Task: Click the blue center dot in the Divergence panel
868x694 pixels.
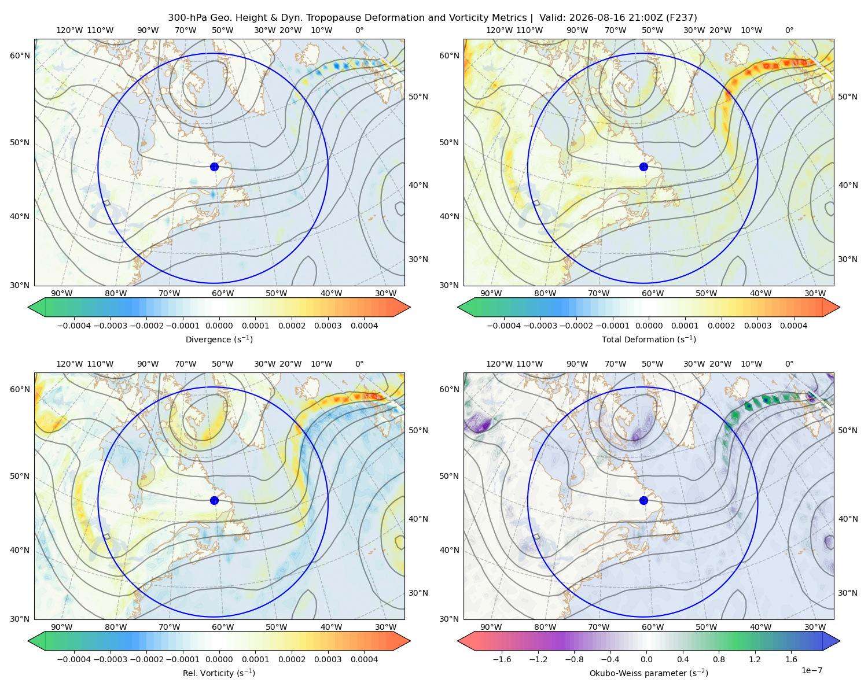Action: point(214,167)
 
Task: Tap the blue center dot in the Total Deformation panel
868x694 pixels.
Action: point(643,167)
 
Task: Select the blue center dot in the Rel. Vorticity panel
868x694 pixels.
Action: point(214,500)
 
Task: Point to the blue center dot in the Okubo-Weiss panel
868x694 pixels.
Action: point(643,500)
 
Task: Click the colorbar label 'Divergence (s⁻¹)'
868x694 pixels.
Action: point(219,339)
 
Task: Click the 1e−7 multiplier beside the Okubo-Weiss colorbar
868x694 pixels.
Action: point(811,670)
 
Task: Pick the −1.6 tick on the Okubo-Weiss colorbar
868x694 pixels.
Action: point(502,659)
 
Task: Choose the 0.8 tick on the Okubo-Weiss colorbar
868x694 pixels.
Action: point(719,659)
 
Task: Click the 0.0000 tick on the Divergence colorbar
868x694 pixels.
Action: point(219,326)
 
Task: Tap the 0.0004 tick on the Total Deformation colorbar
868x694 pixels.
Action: point(793,326)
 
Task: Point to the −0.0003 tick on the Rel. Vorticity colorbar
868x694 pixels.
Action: point(110,659)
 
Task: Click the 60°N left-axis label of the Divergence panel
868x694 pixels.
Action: point(20,56)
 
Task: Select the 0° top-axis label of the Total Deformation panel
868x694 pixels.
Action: point(789,30)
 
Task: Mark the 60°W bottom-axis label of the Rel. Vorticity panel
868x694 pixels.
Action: point(223,627)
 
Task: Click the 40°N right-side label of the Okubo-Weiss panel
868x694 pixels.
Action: point(848,519)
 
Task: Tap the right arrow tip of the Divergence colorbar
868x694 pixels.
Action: point(410,307)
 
